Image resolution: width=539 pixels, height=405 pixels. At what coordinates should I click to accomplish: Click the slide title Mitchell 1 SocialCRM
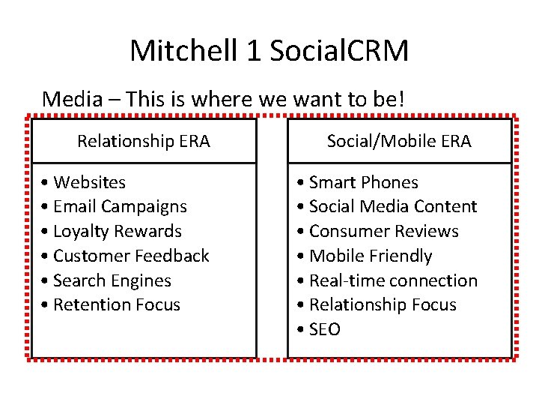pos(269,51)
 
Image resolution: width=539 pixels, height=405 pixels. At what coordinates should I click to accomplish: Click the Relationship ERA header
pos(144,141)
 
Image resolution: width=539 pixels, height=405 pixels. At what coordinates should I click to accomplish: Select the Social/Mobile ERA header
pos(399,141)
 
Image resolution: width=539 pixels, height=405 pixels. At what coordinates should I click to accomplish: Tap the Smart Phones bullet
pos(357,182)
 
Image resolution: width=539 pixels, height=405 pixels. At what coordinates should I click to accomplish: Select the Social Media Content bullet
pos(386,206)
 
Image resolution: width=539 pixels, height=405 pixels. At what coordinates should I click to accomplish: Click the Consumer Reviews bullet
pos(377,231)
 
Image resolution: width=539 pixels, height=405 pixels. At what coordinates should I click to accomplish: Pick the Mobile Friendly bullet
pos(364,256)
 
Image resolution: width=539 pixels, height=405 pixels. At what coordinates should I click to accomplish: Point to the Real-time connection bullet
pos(386,280)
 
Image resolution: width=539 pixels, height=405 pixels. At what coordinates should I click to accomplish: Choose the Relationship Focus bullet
pos(376,304)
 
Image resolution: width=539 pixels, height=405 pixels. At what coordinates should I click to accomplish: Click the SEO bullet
pos(318,329)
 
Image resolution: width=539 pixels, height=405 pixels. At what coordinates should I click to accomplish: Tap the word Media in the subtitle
pos(69,98)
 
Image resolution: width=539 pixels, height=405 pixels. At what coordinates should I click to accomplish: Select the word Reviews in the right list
pos(431,231)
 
